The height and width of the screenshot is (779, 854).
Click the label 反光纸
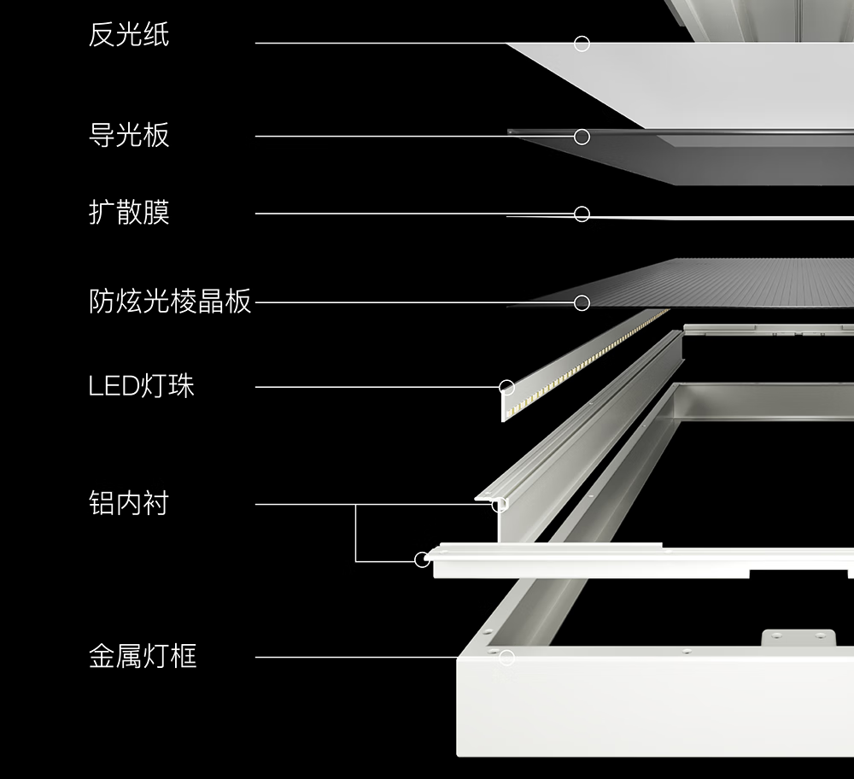[129, 35]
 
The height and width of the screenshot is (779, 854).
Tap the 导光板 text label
[129, 135]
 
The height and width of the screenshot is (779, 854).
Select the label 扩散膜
[129, 212]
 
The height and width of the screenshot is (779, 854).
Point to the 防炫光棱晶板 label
[170, 302]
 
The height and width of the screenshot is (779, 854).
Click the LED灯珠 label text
[142, 386]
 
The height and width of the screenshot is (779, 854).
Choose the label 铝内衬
[129, 503]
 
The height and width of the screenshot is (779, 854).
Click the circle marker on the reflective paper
[582, 44]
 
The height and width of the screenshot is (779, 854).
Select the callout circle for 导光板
[582, 137]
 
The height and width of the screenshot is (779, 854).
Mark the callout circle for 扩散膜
[582, 214]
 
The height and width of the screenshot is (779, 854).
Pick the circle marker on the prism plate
[582, 302]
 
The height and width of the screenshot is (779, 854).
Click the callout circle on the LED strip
[506, 388]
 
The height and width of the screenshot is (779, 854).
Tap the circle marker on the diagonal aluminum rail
[499, 504]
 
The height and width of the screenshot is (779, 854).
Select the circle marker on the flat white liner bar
[422, 559]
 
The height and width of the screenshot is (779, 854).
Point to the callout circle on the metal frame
[506, 657]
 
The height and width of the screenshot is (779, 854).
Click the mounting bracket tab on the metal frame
[798, 638]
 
